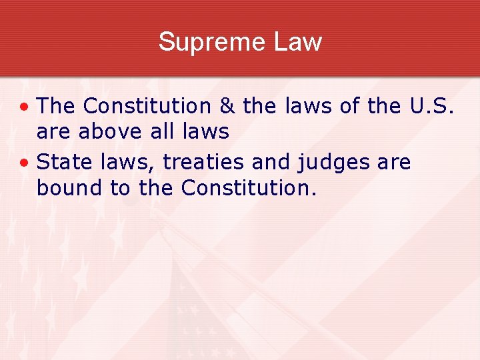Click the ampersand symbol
(227, 106)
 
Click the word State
(64, 162)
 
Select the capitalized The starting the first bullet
(57, 106)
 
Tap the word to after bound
(121, 189)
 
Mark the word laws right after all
(206, 132)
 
